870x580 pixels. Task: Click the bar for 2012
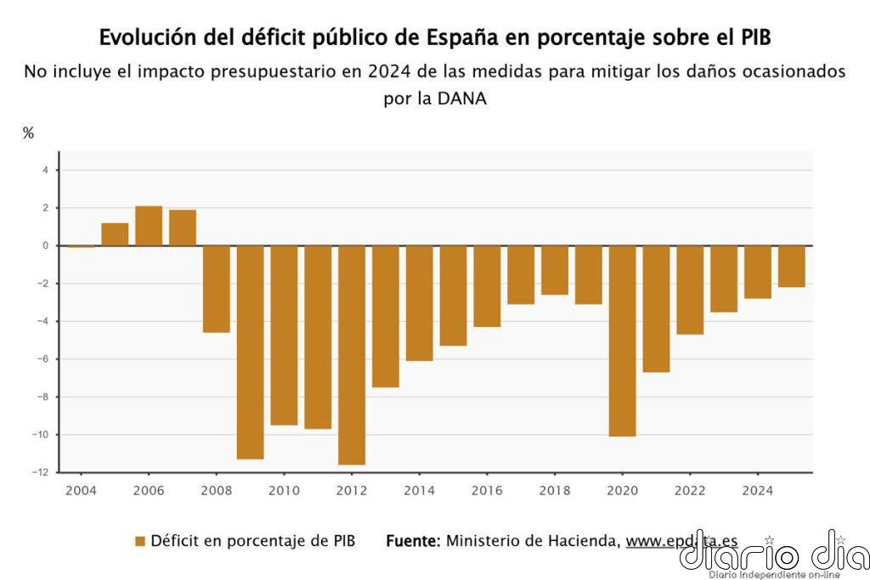[x=352, y=355]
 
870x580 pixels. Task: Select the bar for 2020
[x=623, y=341]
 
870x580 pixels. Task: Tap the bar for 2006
[x=149, y=226]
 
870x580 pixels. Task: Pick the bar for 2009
[x=250, y=352]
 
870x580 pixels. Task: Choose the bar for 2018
[x=555, y=270]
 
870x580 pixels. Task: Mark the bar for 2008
[x=216, y=289]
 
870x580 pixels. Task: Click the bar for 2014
[x=419, y=303]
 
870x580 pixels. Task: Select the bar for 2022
[x=690, y=290]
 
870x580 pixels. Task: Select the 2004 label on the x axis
[x=81, y=490]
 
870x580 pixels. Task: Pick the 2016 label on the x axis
[x=487, y=490]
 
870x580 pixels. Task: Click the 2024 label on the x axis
[x=758, y=490]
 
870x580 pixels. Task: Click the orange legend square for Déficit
[x=140, y=541]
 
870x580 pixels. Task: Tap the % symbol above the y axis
[x=28, y=133]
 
